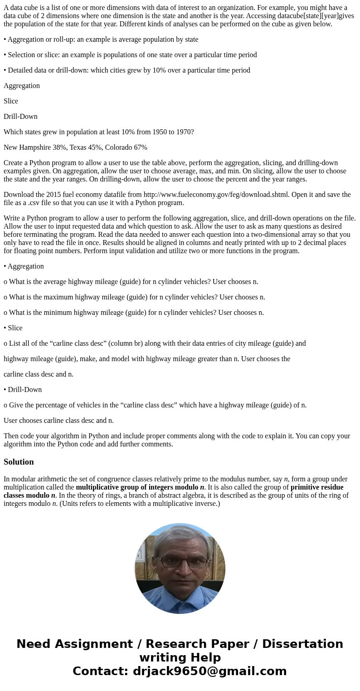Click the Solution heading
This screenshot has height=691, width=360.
[x=19, y=462]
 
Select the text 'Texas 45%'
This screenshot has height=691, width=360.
[x=85, y=147]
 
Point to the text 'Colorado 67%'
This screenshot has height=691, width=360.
[x=126, y=147]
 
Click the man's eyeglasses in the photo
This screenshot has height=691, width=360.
[x=180, y=562]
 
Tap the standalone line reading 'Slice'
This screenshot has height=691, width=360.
[x=11, y=101]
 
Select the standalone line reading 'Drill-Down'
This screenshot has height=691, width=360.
[x=20, y=117]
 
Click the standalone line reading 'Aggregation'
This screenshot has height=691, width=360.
[x=22, y=86]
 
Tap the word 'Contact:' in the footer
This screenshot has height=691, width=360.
[x=101, y=671]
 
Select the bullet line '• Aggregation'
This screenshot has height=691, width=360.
[x=24, y=266]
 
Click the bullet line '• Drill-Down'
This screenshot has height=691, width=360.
[x=23, y=390]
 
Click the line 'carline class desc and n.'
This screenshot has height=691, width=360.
[x=39, y=374]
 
